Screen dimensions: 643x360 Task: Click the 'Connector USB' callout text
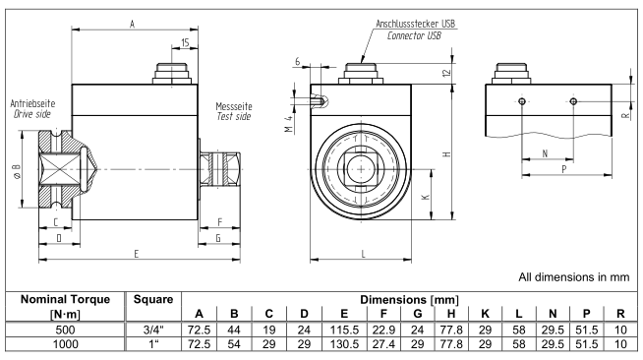click(x=414, y=35)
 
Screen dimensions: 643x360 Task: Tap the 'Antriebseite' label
click(x=32, y=103)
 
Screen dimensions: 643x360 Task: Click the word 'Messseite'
click(x=234, y=106)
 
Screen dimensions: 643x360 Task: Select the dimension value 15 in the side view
click(x=185, y=42)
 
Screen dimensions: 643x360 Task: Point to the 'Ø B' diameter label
click(x=17, y=170)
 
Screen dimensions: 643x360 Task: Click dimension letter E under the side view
click(x=137, y=254)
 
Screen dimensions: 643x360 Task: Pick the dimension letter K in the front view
click(x=426, y=197)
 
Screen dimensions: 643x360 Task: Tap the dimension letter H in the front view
click(x=447, y=154)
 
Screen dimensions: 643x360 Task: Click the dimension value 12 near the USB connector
click(x=447, y=73)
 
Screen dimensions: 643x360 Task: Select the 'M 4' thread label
click(x=289, y=124)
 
